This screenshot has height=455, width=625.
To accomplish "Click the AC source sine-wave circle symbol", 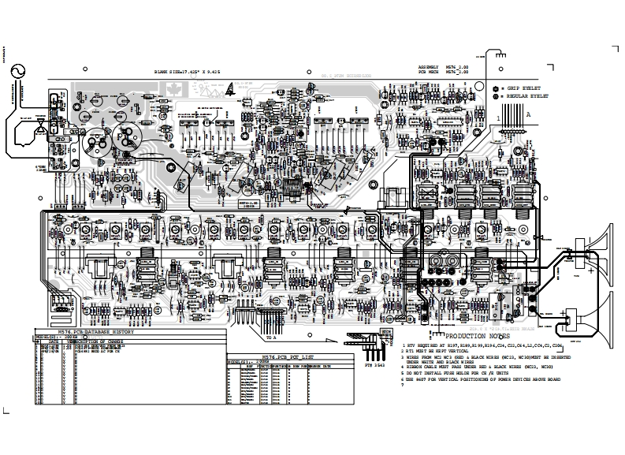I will [13, 70].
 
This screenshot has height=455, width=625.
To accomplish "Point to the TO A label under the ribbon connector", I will [271, 338].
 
